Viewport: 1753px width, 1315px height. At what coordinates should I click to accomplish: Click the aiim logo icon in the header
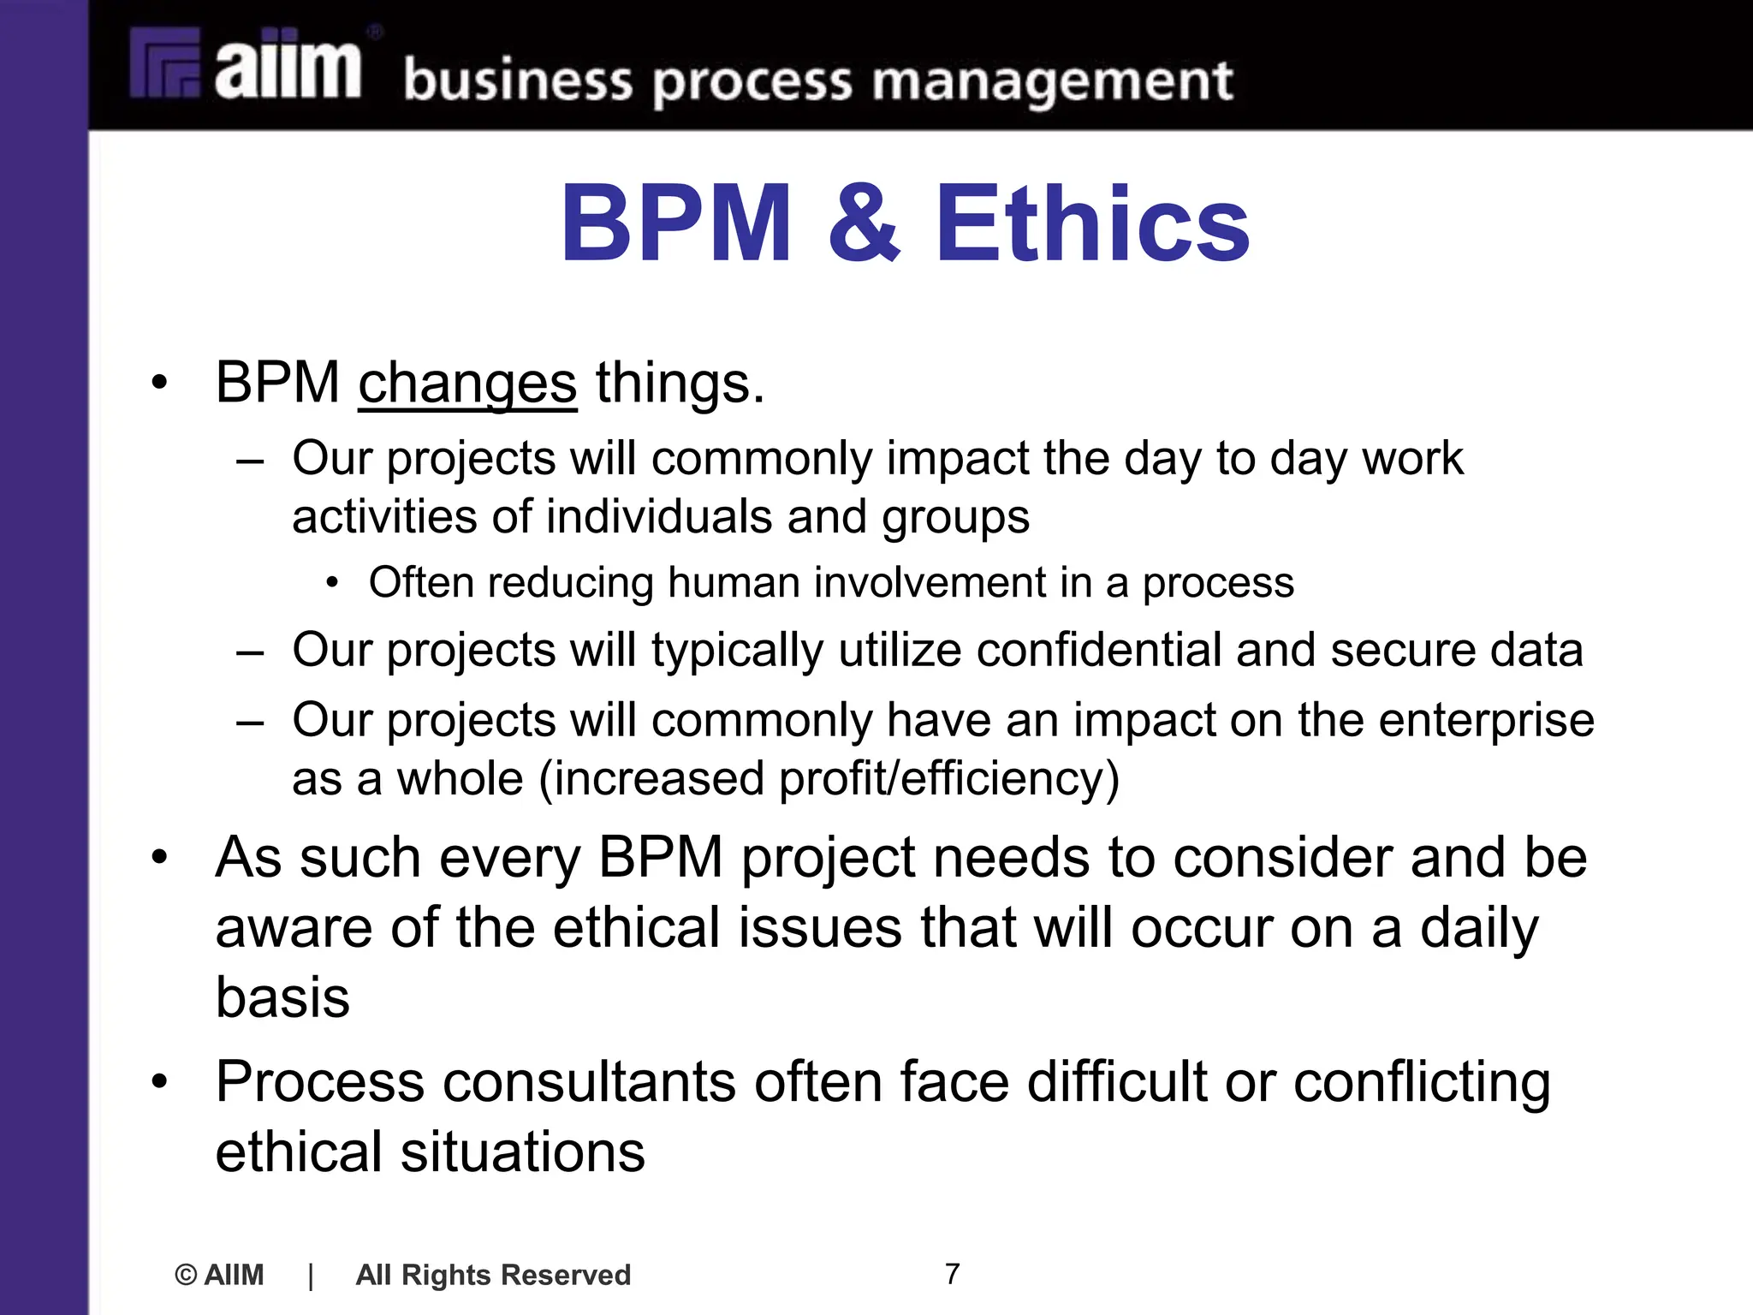pyautogui.click(x=165, y=65)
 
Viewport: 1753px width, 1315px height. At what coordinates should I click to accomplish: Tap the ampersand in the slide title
pyautogui.click(x=863, y=224)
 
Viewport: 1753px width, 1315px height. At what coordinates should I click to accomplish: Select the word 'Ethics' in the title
pyautogui.click(x=1092, y=224)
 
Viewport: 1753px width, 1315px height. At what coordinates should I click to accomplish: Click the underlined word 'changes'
pyautogui.click(x=467, y=384)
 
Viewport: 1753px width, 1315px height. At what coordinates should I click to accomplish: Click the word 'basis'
pyautogui.click(x=282, y=997)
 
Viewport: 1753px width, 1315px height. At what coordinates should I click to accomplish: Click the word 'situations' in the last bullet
pyautogui.click(x=522, y=1152)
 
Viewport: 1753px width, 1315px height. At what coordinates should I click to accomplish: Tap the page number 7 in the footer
pyautogui.click(x=952, y=1274)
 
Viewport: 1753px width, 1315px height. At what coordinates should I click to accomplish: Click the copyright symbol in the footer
pyautogui.click(x=185, y=1275)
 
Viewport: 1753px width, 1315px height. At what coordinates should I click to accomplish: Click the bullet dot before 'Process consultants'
pyautogui.click(x=159, y=1082)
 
